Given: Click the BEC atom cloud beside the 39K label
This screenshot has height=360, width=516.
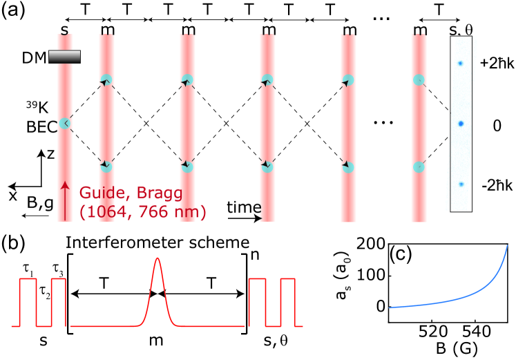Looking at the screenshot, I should [64, 124].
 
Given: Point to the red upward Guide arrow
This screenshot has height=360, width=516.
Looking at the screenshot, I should [64, 200].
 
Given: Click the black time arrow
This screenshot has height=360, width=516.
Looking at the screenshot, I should [246, 219].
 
